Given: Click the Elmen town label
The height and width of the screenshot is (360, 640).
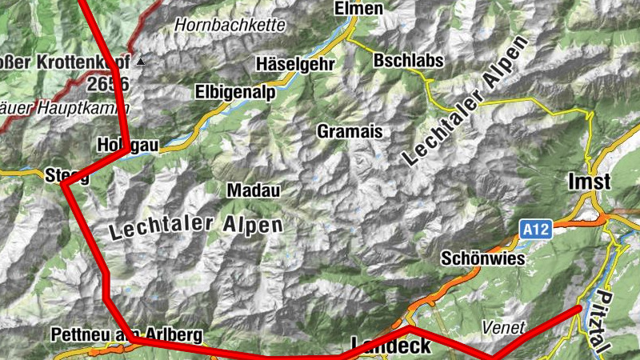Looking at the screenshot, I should pos(360,9).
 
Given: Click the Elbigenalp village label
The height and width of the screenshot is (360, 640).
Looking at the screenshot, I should pos(235,93).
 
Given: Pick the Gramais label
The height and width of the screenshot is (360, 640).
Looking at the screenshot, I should pos(350,131).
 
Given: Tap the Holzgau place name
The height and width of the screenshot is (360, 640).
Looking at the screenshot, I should pos(128,146).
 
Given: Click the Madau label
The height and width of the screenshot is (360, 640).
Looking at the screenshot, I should pos(254,190).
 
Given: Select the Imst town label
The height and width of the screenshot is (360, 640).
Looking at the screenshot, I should pos(589,182).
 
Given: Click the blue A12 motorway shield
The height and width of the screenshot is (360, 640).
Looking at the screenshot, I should pos(537,230).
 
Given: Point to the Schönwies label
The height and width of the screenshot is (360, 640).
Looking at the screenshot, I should pos(483,259).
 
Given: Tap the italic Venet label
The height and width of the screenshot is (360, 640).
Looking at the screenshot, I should pos(504,327).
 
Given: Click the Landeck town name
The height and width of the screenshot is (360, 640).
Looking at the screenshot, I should pos(392,346).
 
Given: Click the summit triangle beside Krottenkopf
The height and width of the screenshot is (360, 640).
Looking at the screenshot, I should pos(142,61).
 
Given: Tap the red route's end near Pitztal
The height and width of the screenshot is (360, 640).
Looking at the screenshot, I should pos(579,308).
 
